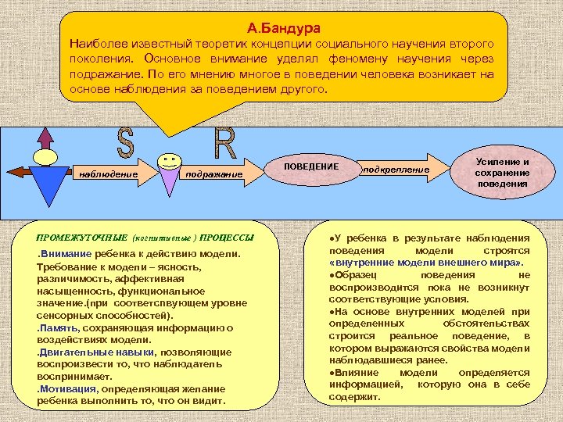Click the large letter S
point(125,143)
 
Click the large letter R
point(224,143)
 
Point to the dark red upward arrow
point(45,138)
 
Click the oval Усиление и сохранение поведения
point(502,172)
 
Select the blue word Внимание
point(66,255)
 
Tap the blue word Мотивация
point(66,388)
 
